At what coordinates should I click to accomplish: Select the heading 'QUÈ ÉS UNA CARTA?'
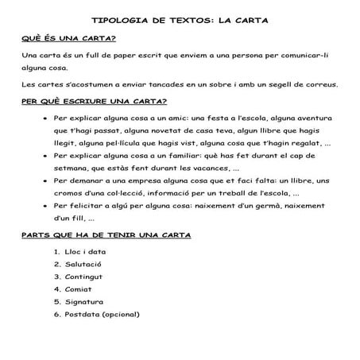click(68, 38)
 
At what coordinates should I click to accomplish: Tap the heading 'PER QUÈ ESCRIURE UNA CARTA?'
click(93, 101)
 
